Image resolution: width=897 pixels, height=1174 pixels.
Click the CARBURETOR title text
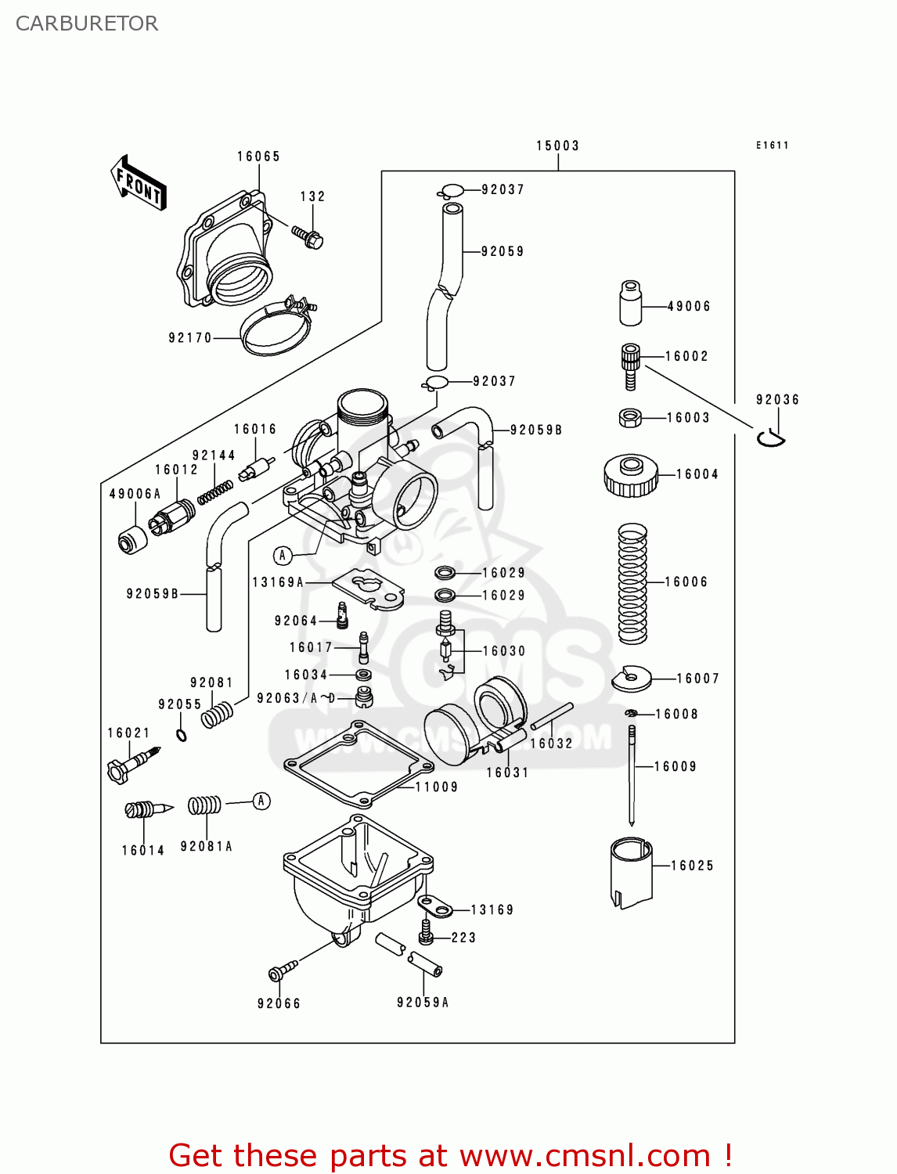pos(87,23)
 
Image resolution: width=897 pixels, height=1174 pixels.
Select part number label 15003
pos(557,146)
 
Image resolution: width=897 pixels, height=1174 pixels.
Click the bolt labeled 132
pos(308,236)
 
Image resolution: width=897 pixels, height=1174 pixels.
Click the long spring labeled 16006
pos(632,583)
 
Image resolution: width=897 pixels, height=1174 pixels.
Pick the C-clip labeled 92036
pos(770,438)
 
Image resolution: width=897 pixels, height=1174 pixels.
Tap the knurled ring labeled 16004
pos(630,475)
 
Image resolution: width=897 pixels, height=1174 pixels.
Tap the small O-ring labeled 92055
pos(182,735)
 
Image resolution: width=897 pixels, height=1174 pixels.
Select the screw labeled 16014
pos(147,809)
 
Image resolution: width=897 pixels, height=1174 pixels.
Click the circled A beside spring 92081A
pos(261,801)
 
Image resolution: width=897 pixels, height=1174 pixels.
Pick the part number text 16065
pos(258,157)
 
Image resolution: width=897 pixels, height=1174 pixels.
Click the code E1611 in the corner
pos(772,145)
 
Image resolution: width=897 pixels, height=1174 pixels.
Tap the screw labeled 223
pos(427,931)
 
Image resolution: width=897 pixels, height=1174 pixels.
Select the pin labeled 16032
pos(552,716)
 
